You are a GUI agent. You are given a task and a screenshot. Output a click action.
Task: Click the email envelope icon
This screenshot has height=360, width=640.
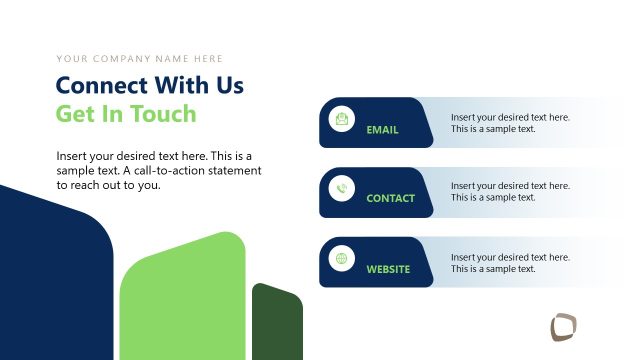click(343, 120)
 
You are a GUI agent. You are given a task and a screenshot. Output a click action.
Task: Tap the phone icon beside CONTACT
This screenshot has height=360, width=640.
click(343, 189)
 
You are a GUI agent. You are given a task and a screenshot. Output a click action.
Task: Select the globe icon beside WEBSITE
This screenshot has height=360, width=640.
click(343, 259)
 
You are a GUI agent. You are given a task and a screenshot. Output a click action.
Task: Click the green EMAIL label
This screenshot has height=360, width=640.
click(382, 130)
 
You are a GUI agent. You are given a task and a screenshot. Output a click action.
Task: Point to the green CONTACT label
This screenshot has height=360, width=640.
click(390, 199)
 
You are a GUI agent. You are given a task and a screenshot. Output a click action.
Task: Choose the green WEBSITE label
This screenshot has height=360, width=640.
click(388, 269)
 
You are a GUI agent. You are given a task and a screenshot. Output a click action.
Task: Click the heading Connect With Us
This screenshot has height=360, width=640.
click(150, 85)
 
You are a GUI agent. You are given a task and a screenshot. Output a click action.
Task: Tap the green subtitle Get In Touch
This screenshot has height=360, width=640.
click(126, 113)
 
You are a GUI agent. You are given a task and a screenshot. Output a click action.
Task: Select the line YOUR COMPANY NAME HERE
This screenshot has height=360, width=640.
click(140, 59)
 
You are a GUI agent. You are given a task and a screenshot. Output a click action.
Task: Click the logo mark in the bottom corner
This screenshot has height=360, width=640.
click(564, 327)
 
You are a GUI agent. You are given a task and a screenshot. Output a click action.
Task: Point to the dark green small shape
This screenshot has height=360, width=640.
click(277, 323)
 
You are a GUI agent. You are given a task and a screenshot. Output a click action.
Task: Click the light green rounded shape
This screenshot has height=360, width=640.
click(183, 300)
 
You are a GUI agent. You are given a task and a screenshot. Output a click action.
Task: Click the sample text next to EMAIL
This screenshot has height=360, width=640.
click(510, 123)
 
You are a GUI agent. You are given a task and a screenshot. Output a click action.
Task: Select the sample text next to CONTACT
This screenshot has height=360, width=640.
click(510, 192)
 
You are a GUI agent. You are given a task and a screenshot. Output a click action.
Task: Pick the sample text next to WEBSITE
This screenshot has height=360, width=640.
click(510, 262)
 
